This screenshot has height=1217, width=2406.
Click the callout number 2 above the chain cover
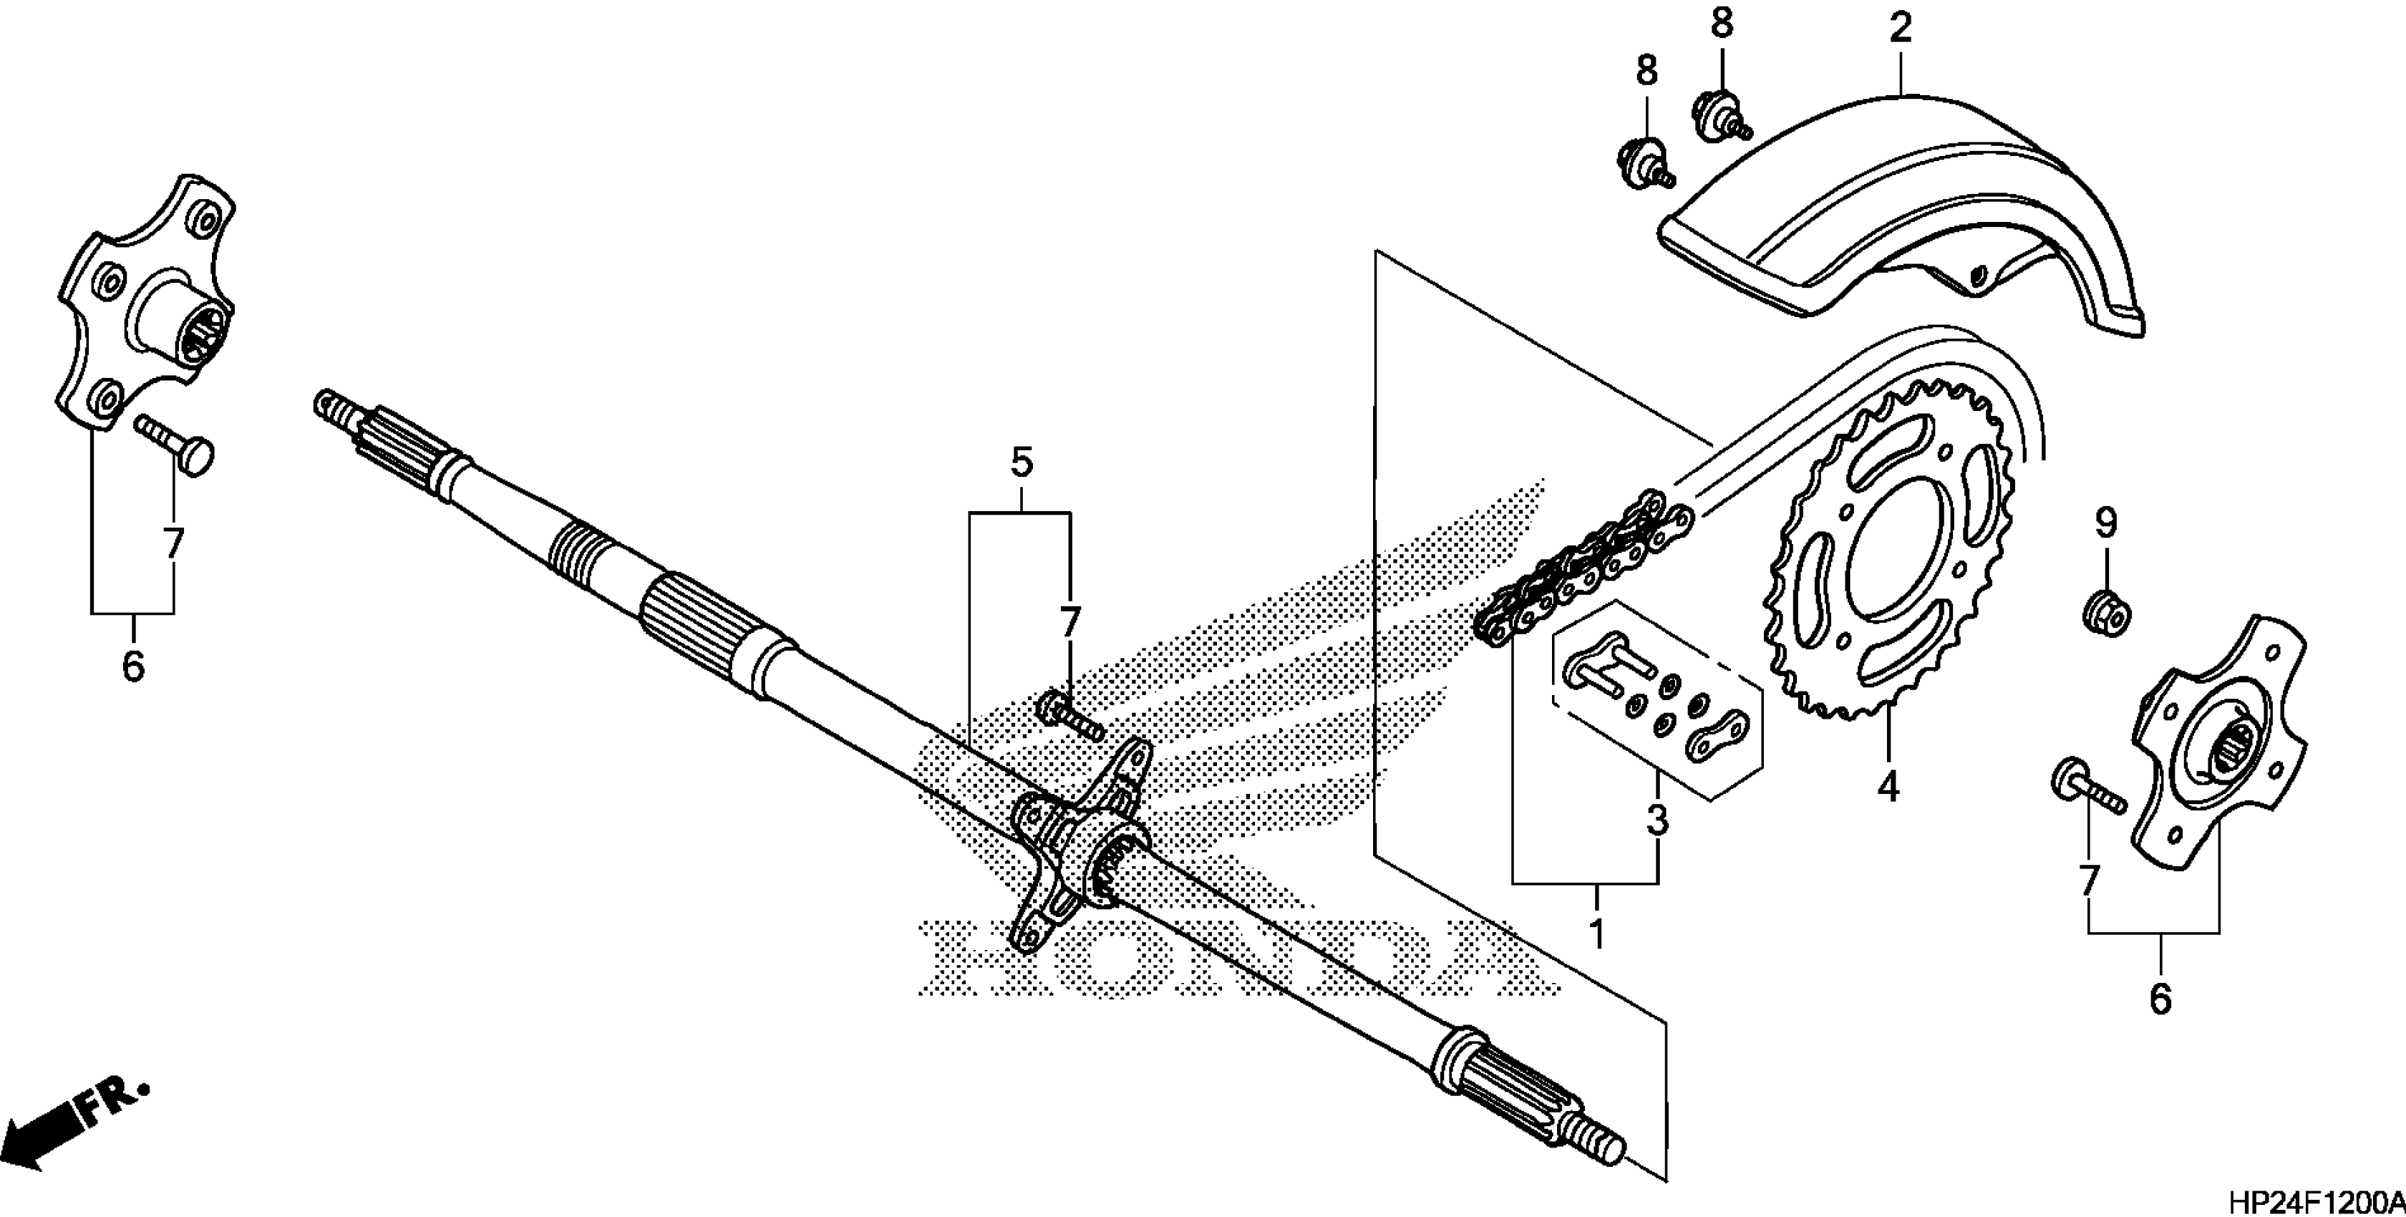1901,28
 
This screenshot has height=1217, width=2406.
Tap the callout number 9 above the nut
2105,524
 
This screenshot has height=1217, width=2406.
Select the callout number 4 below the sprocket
1888,787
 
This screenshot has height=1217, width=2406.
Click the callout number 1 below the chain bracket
1596,933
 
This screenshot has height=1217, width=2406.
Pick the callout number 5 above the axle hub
1021,463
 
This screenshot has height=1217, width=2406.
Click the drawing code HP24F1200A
2314,1201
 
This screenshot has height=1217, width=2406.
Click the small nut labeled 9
2107,612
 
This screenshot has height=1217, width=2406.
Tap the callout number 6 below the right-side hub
2160,999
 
